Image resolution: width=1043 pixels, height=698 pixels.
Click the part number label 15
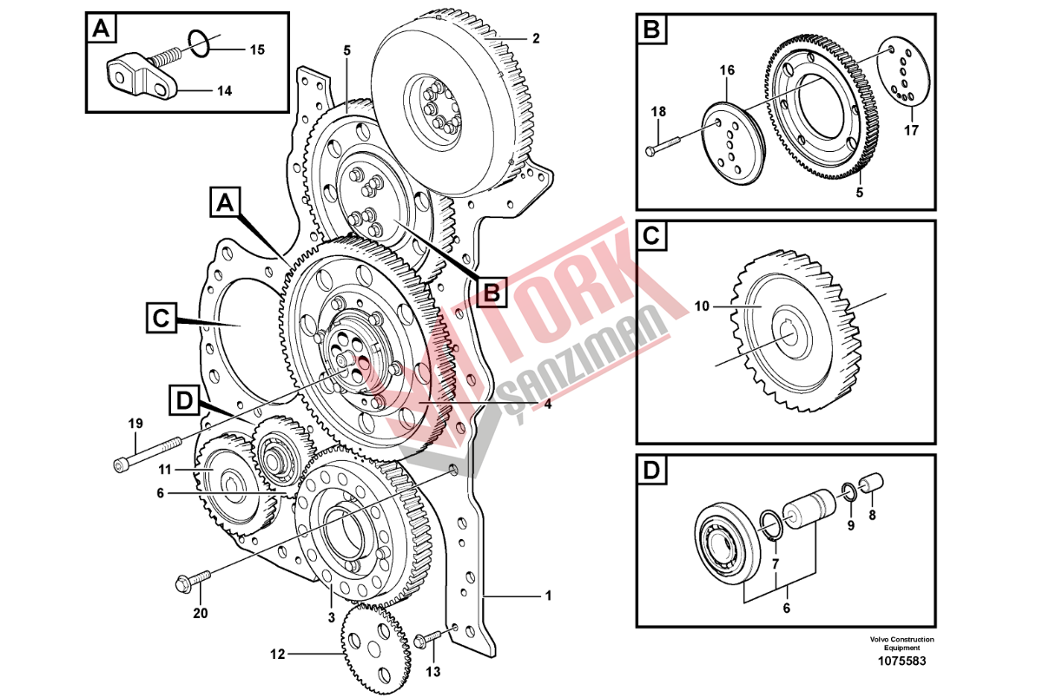[257, 50]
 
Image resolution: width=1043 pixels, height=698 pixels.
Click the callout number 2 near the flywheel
[536, 38]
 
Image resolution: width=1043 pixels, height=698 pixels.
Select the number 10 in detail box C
[702, 306]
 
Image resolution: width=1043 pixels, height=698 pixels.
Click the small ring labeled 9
[849, 494]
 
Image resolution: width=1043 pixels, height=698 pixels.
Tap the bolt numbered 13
[431, 641]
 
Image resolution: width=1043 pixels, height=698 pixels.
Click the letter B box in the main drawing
[492, 292]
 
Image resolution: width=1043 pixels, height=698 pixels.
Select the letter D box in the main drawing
[183, 400]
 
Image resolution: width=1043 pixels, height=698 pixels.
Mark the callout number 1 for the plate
[548, 596]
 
